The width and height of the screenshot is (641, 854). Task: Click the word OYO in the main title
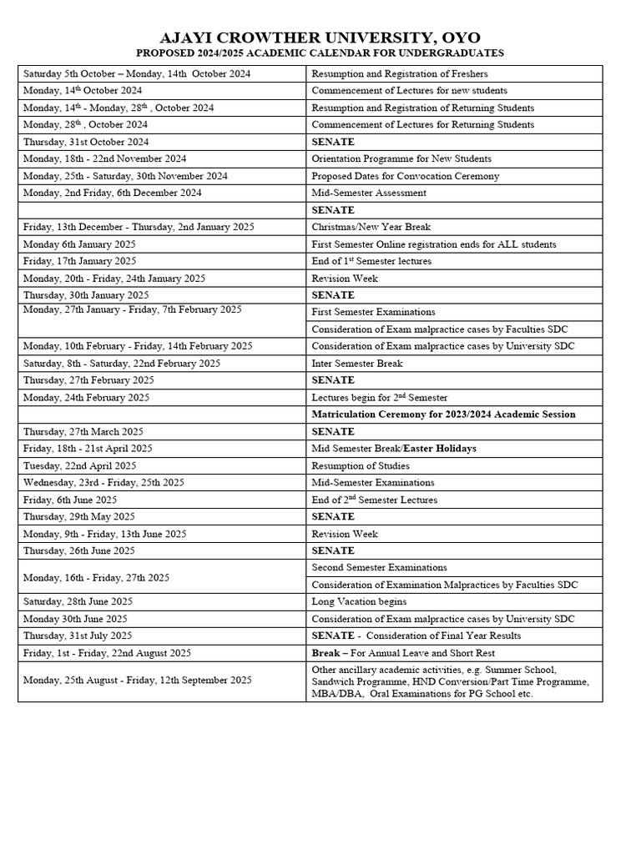(x=457, y=38)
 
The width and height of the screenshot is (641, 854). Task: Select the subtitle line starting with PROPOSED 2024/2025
(x=320, y=53)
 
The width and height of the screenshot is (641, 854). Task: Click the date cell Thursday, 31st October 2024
(x=86, y=142)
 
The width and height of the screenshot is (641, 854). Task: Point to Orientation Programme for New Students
(x=401, y=158)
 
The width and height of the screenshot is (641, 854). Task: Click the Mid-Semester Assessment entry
(x=368, y=193)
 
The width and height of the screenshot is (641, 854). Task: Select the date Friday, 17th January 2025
(x=79, y=261)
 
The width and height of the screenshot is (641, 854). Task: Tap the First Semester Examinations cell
(x=373, y=312)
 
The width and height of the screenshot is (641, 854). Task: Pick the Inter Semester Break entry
(x=356, y=363)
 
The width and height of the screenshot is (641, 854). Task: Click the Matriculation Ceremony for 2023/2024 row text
(x=443, y=414)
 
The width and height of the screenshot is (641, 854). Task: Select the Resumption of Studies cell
(x=361, y=465)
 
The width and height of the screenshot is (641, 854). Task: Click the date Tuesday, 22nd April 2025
(x=79, y=465)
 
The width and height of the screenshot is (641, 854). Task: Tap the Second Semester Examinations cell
(x=379, y=567)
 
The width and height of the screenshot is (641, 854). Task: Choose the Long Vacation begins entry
(x=359, y=601)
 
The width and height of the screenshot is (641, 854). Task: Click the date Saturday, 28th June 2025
(x=78, y=601)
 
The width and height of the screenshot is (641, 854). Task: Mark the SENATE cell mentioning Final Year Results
(x=416, y=635)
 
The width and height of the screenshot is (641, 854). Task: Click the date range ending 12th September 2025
(x=137, y=681)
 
